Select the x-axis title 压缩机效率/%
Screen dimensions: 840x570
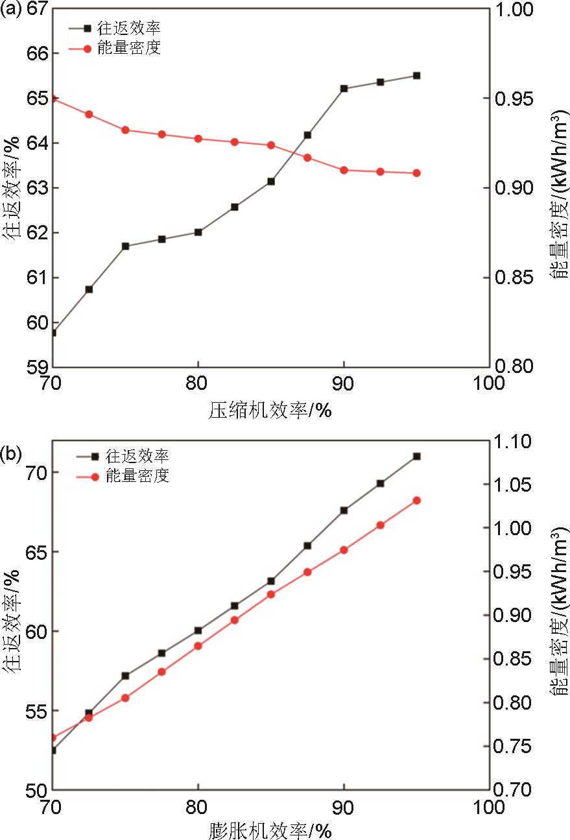point(270,411)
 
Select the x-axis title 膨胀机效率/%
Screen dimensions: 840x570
point(270,830)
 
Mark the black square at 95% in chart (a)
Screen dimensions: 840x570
point(416,75)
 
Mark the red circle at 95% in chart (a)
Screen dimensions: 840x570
point(416,173)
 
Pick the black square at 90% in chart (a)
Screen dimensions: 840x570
point(344,88)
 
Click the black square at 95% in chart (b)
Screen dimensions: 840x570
point(416,457)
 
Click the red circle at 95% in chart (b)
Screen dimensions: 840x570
point(416,501)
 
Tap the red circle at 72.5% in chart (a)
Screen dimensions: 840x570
point(89,114)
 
